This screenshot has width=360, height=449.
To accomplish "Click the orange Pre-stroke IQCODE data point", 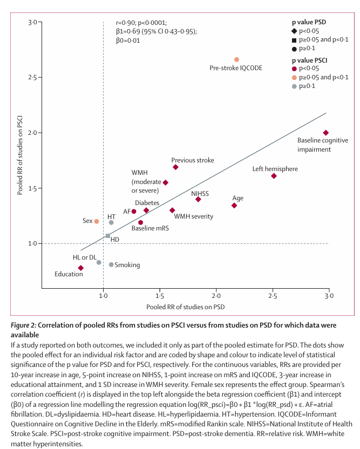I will [236, 59].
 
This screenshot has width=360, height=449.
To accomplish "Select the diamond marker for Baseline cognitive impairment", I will [325, 133].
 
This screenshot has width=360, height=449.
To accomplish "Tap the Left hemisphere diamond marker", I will [274, 176].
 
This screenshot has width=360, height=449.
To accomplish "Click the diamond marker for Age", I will [234, 206].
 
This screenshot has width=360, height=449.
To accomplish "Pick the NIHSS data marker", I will [198, 199].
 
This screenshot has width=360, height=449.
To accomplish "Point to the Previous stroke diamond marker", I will [175, 167].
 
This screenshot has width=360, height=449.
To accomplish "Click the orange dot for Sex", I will [97, 221].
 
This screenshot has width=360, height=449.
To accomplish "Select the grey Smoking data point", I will [111, 264].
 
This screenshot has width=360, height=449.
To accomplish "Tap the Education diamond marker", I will [81, 268].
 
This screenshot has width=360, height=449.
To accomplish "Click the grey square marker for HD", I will [108, 236].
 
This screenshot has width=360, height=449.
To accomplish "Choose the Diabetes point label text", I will [147, 202].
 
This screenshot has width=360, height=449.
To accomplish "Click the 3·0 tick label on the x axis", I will [328, 296].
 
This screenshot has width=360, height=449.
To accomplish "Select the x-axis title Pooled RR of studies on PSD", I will [185, 307].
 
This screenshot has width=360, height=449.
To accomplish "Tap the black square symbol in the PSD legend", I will [294, 40].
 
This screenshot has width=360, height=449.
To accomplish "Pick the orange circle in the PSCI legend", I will [294, 77].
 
